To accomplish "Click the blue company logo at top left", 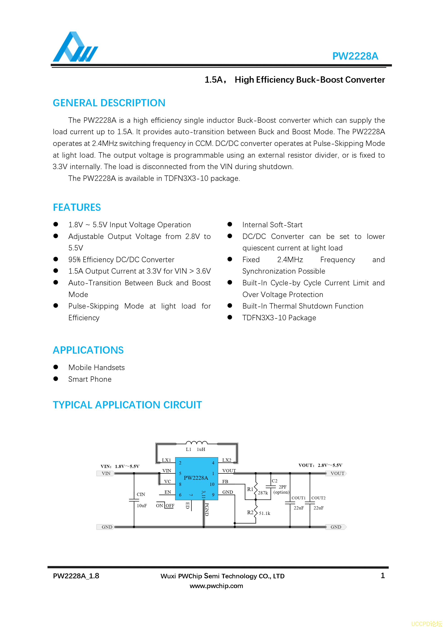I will [x=75, y=47].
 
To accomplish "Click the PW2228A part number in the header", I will [x=355, y=56].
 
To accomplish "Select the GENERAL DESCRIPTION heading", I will [x=109, y=103].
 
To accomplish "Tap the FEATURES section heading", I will [x=77, y=207].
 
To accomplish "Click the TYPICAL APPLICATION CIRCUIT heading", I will [x=127, y=405].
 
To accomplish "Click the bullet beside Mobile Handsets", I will [x=56, y=367].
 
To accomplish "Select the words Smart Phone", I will [x=90, y=379].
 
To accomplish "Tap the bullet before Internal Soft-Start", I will [x=230, y=224].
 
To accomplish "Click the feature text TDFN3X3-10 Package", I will [x=279, y=318].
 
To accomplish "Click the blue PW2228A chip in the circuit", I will [x=196, y=478].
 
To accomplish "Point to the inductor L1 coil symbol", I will [x=197, y=443].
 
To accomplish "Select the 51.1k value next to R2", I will [x=264, y=513].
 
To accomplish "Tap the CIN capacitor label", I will [x=141, y=494].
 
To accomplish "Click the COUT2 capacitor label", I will [x=318, y=498].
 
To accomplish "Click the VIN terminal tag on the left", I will [x=106, y=473].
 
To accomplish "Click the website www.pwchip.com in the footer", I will [x=216, y=586].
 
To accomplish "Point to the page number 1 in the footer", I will [x=383, y=575].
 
